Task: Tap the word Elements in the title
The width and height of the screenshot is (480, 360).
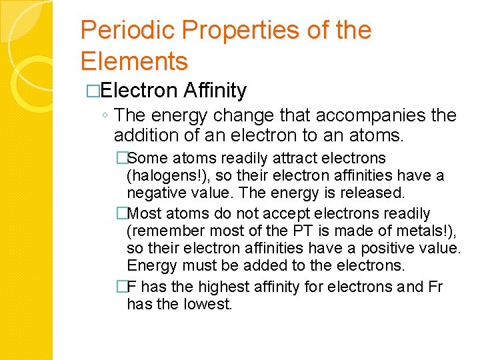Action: pyautogui.click(x=134, y=61)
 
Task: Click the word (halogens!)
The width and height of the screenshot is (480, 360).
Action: pyautogui.click(x=159, y=177)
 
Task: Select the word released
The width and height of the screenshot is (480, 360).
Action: pyautogui.click(x=375, y=193)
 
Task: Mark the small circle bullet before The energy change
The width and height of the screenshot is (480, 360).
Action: pyautogui.click(x=107, y=117)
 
